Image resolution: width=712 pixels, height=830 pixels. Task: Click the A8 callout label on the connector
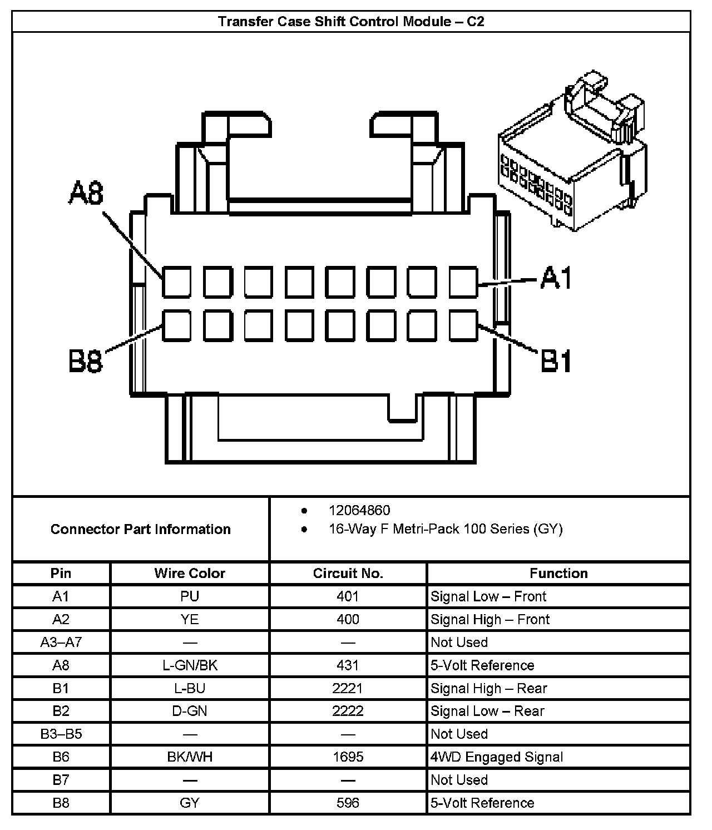[86, 194]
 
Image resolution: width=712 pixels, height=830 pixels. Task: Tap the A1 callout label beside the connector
[556, 278]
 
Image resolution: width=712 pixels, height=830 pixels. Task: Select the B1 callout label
[556, 362]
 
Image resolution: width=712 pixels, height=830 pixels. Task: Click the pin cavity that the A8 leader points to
[177, 281]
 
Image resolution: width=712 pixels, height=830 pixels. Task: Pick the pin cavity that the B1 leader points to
[463, 325]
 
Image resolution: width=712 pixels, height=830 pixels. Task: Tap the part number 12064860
[359, 510]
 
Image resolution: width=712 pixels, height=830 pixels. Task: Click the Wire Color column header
[190, 574]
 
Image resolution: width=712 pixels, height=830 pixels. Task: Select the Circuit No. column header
[348, 574]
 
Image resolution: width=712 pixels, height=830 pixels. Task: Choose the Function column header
[558, 574]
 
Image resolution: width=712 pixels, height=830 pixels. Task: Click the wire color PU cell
[190, 596]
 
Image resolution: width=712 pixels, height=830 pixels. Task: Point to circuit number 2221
[348, 688]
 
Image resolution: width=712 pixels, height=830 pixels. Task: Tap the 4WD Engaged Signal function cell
[497, 757]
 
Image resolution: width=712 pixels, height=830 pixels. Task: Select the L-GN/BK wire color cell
[190, 665]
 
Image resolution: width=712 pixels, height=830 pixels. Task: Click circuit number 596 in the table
[348, 803]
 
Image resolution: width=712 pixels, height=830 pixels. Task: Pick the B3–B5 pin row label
[61, 734]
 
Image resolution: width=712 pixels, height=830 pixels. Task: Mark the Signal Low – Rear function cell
[487, 711]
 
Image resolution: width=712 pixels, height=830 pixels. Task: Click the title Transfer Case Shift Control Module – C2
[351, 22]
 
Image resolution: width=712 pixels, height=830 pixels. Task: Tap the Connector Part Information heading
[141, 529]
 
